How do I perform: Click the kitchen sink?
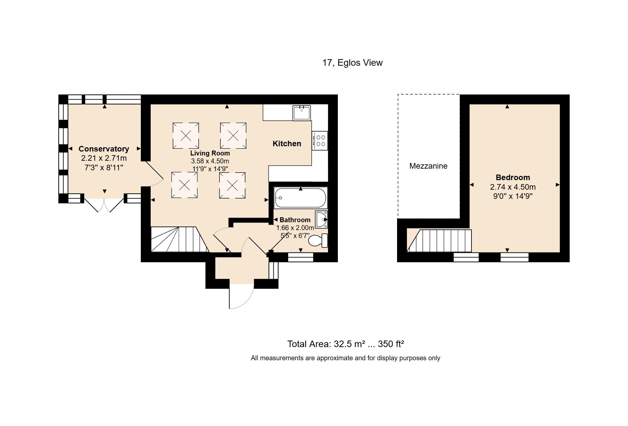click(x=302, y=113)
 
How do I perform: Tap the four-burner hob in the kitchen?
click(x=320, y=141)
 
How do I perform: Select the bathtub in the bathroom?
click(x=300, y=198)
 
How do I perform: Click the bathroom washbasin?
click(x=321, y=219)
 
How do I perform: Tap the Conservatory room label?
click(x=104, y=149)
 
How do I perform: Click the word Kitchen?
click(x=287, y=144)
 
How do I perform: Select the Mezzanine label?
click(x=428, y=166)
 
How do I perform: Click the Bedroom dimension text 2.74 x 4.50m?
click(x=513, y=187)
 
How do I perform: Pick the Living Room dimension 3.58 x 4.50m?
click(x=210, y=161)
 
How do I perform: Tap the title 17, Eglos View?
click(x=352, y=63)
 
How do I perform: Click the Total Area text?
click(x=345, y=344)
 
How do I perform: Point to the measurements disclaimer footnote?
click(x=345, y=358)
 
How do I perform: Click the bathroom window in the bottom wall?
click(x=300, y=257)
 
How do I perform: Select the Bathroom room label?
click(x=295, y=220)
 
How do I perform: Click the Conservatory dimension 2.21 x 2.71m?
click(x=104, y=158)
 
